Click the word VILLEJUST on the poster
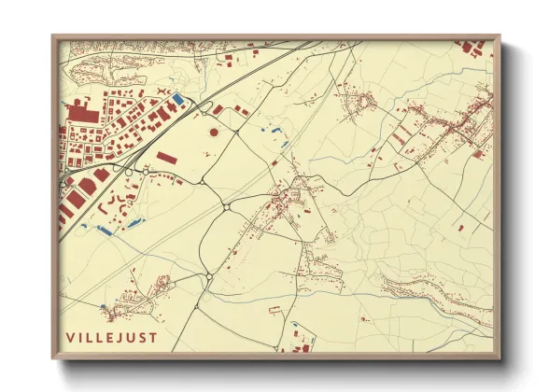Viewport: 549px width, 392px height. (111, 337)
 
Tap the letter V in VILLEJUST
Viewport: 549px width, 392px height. (70, 337)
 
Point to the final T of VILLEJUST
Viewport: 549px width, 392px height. (153, 337)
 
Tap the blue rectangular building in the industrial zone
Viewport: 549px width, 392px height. (178, 97)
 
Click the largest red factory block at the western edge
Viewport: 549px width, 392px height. (79, 113)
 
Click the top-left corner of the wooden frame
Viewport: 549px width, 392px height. (53, 36)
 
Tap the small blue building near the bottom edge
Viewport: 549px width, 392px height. (295, 326)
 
